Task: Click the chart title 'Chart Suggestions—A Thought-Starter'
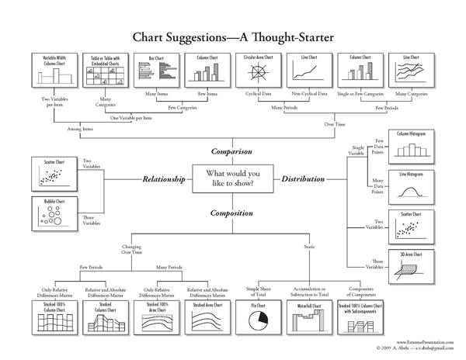tap(233, 36)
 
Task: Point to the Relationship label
tap(164, 179)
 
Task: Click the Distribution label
tap(304, 179)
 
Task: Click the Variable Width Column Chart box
tap(50, 72)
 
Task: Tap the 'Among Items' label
tap(80, 128)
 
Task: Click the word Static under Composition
tap(309, 246)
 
